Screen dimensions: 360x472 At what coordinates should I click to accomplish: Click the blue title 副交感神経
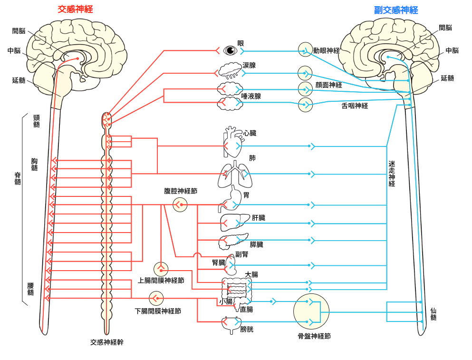click(x=396, y=10)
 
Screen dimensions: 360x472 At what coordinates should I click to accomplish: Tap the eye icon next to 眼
click(x=231, y=50)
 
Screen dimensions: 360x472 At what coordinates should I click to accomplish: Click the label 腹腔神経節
click(x=180, y=191)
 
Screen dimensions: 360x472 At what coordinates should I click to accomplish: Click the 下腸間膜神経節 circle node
click(x=156, y=299)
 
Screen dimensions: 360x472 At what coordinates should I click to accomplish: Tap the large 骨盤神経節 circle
click(x=311, y=312)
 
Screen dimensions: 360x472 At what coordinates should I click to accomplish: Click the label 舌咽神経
click(x=355, y=106)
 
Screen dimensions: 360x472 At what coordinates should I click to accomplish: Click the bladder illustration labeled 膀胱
click(x=231, y=323)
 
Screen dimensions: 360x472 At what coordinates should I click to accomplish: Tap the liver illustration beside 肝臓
click(x=234, y=220)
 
